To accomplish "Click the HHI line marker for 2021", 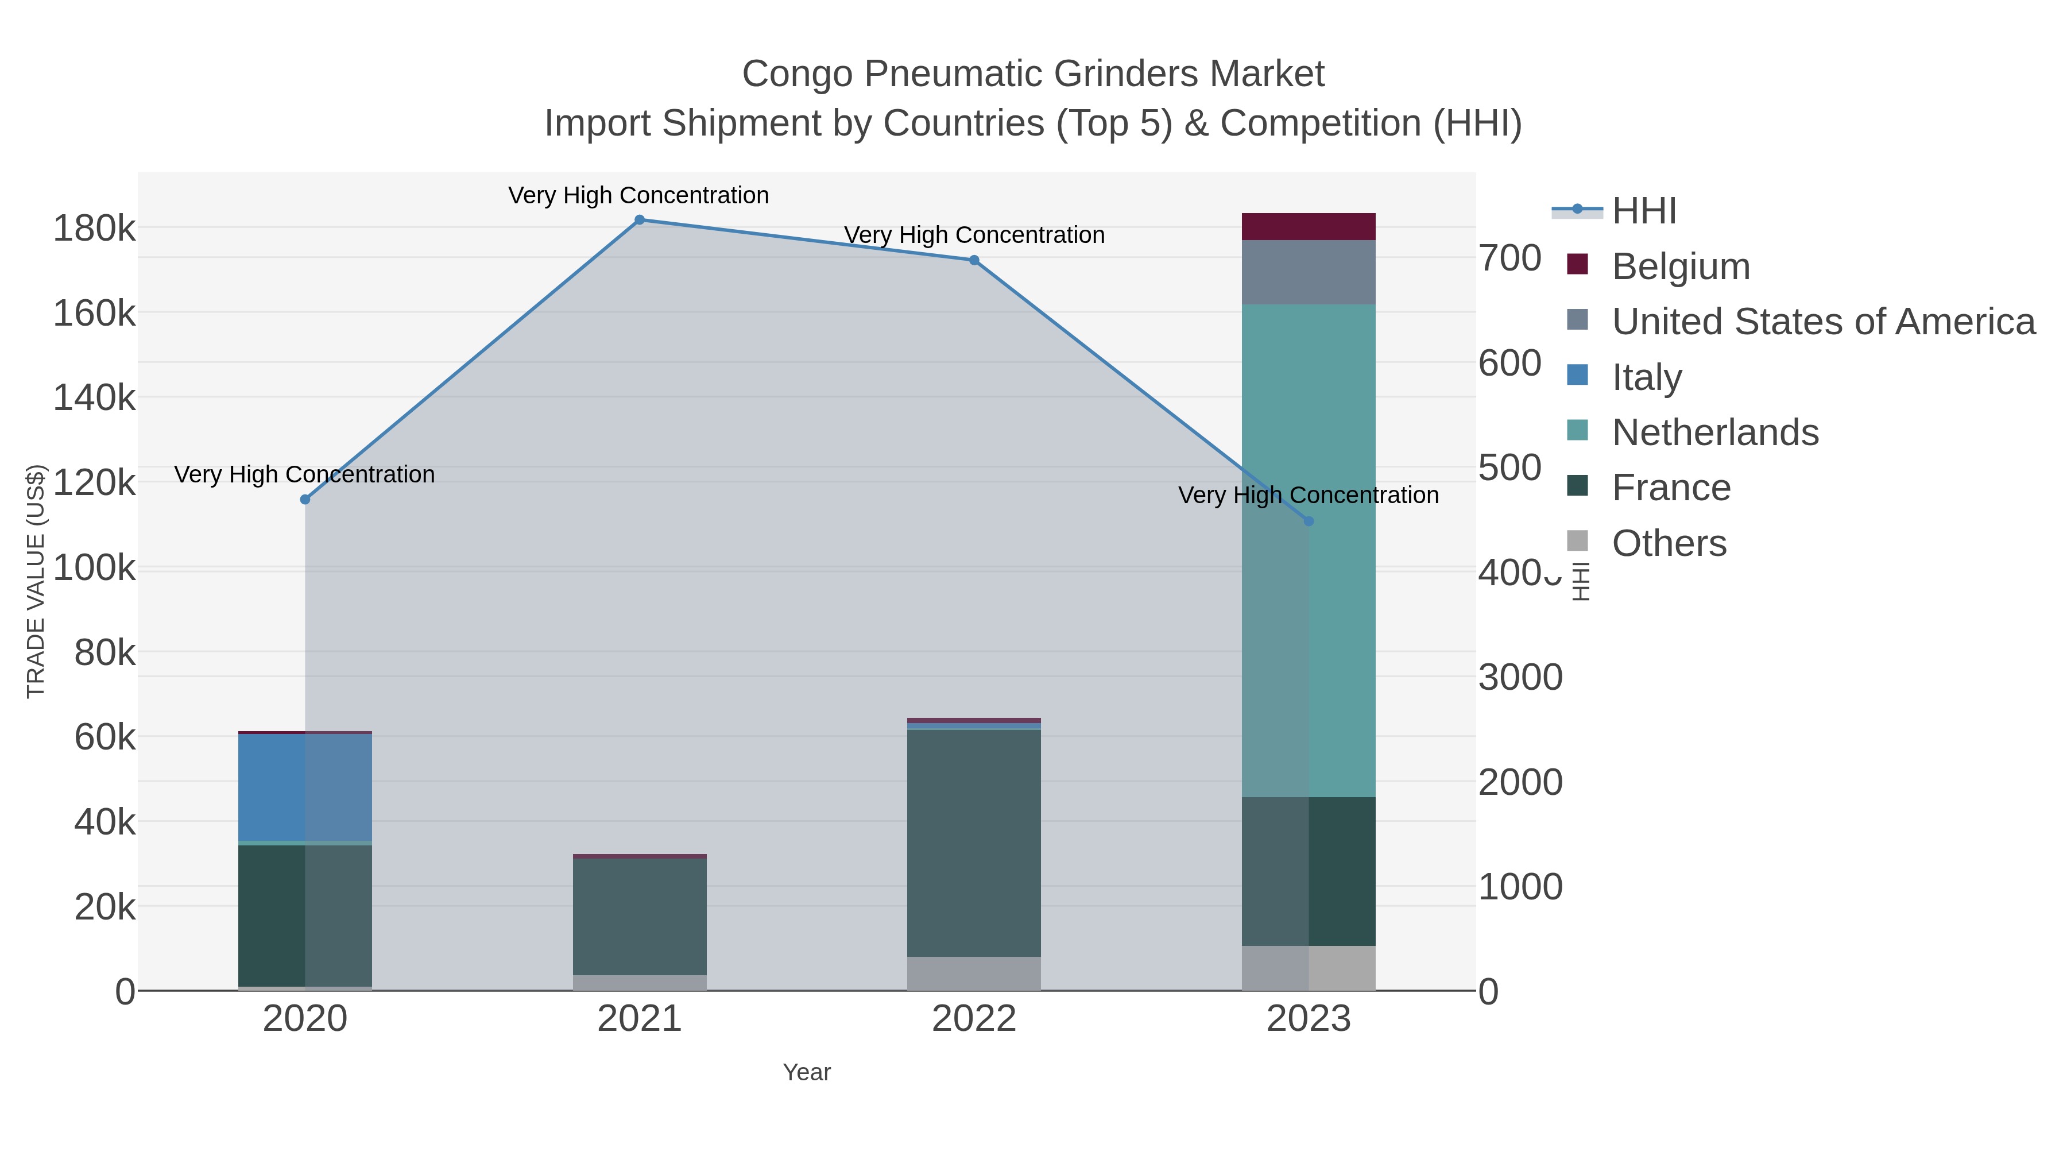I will tap(640, 220).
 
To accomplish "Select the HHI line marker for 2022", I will tap(974, 260).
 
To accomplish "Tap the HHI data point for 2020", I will tap(305, 499).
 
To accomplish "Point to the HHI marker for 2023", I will tap(1309, 521).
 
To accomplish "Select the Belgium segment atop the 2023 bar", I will tap(1309, 226).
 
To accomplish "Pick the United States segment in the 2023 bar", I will tap(1309, 272).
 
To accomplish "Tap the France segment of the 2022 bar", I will tap(974, 843).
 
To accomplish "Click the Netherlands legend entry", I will tap(1714, 432).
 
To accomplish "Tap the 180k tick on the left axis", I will tap(95, 229).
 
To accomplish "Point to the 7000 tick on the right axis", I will tap(1510, 258).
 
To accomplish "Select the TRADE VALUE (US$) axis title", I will tap(36, 581).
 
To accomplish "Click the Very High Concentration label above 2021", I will tap(638, 195).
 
